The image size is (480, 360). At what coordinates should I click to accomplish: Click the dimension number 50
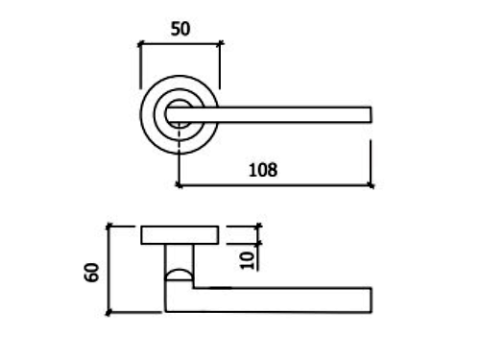180,29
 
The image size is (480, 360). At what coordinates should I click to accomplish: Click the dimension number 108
263,170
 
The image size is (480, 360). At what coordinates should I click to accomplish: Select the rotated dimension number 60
92,273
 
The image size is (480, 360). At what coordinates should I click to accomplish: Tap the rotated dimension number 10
247,260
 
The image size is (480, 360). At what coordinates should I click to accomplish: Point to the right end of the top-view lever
371,115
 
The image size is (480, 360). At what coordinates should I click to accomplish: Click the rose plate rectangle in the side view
180,235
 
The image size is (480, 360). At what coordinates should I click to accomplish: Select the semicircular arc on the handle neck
180,271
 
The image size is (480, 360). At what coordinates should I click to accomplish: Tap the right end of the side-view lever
371,300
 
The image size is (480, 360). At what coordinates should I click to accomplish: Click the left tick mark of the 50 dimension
140,44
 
